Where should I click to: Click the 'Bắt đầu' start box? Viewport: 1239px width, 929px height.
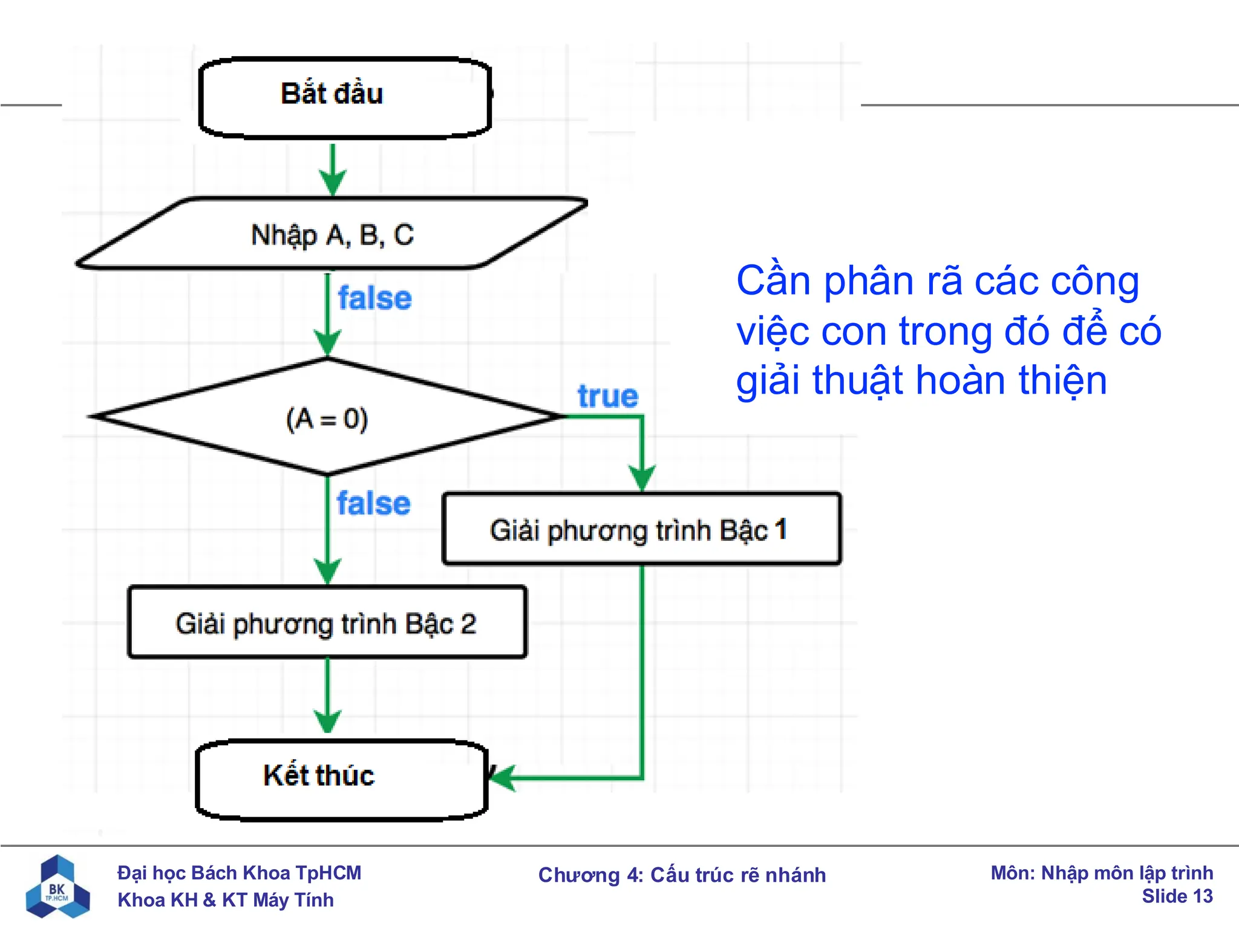pos(344,97)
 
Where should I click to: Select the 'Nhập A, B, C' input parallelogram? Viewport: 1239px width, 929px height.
pos(332,234)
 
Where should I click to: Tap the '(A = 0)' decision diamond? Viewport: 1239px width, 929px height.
pos(327,417)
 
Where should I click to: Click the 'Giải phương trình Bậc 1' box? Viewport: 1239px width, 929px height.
pos(641,530)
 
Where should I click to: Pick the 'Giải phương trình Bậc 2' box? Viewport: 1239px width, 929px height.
pos(327,623)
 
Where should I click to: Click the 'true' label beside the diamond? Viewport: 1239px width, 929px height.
pos(607,397)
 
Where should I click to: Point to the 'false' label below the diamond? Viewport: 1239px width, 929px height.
pos(373,503)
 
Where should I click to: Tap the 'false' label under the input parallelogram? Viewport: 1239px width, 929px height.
pos(374,298)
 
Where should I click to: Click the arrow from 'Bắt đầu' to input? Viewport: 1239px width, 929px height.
pos(332,169)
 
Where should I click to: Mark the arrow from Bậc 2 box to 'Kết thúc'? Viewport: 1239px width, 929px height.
pos(327,696)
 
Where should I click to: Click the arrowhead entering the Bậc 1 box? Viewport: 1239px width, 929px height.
pos(642,478)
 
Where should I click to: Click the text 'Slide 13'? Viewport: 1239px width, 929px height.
pos(1177,896)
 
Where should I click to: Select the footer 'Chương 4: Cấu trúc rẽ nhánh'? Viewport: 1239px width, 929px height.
pos(682,875)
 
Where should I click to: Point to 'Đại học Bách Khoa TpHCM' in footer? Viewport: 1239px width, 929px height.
pos(239,873)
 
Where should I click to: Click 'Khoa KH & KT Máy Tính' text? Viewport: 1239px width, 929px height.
pos(225,900)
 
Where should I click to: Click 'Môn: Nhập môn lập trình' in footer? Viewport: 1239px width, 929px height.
pos(1101,873)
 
